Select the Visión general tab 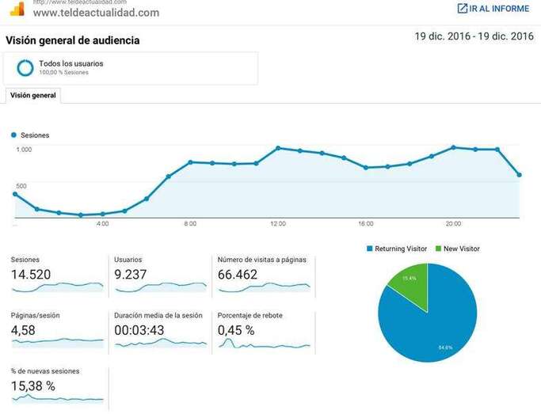(x=33, y=94)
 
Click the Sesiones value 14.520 (x=31, y=275)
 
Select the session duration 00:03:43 (x=139, y=330)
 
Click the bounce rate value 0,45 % (x=236, y=330)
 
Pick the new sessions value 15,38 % (x=33, y=386)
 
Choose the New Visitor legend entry (x=457, y=249)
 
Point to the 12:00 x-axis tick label (x=278, y=224)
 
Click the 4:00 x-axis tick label (x=102, y=224)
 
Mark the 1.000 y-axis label (x=24, y=150)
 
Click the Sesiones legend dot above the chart (x=14, y=135)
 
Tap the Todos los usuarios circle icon (x=25, y=67)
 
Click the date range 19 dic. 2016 (x=474, y=36)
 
